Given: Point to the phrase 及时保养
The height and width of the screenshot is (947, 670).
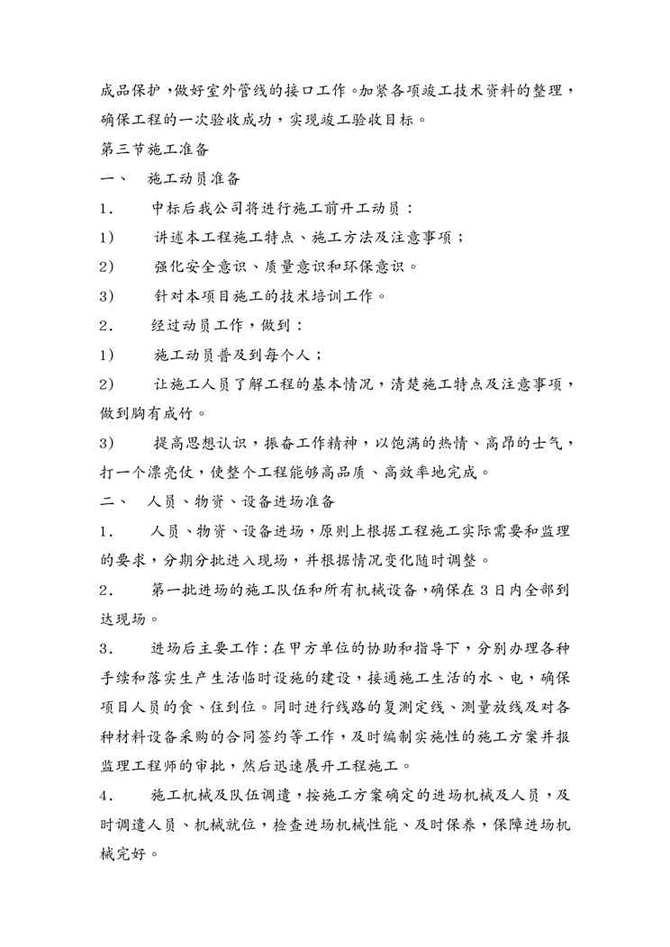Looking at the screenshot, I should (x=461, y=825).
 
